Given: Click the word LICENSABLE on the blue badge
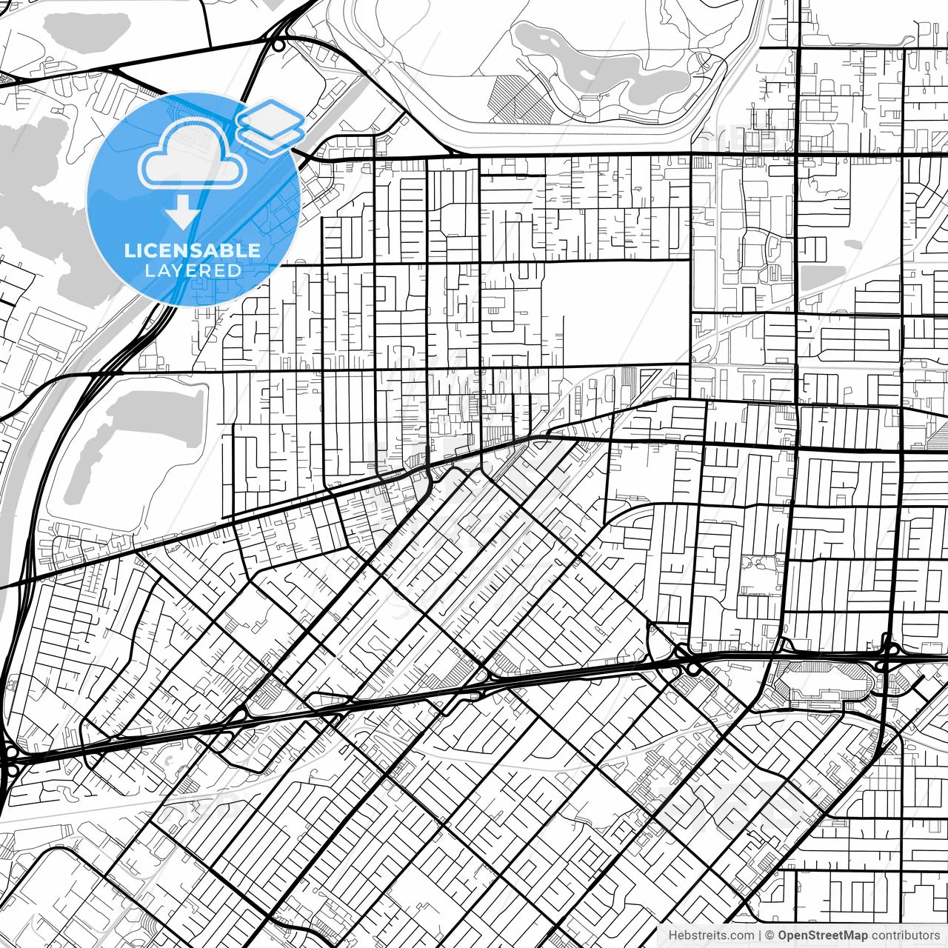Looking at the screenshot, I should pos(193,250).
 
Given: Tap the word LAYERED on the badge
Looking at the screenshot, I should pos(193,270).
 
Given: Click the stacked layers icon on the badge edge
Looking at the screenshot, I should pos(271,126).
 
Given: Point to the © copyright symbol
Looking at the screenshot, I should pos(770,935).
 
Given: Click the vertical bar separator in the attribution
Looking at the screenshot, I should pos(760,935).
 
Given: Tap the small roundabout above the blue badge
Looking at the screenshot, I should pos(278,45).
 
